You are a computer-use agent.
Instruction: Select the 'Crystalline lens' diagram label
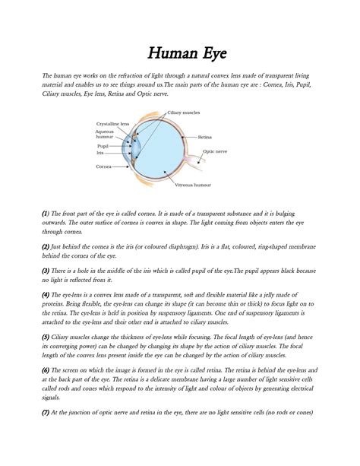click(x=113, y=123)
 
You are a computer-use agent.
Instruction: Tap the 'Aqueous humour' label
click(x=105, y=134)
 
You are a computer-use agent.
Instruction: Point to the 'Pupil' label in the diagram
click(x=103, y=145)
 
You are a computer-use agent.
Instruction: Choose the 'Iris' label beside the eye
click(x=99, y=153)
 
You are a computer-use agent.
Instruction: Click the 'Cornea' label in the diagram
click(x=103, y=166)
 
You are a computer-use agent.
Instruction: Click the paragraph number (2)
click(x=46, y=247)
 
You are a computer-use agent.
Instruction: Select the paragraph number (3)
click(x=46, y=270)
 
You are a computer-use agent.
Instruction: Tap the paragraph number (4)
click(x=46, y=294)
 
